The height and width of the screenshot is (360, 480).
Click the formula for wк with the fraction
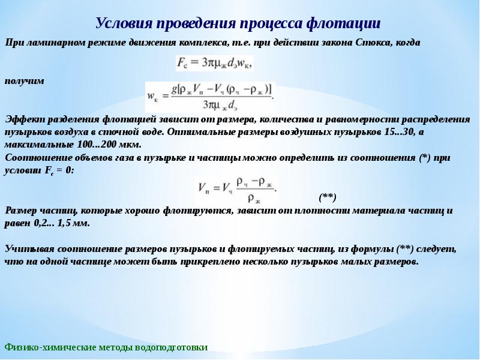(210, 97)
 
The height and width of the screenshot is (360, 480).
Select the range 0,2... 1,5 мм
(62, 223)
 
